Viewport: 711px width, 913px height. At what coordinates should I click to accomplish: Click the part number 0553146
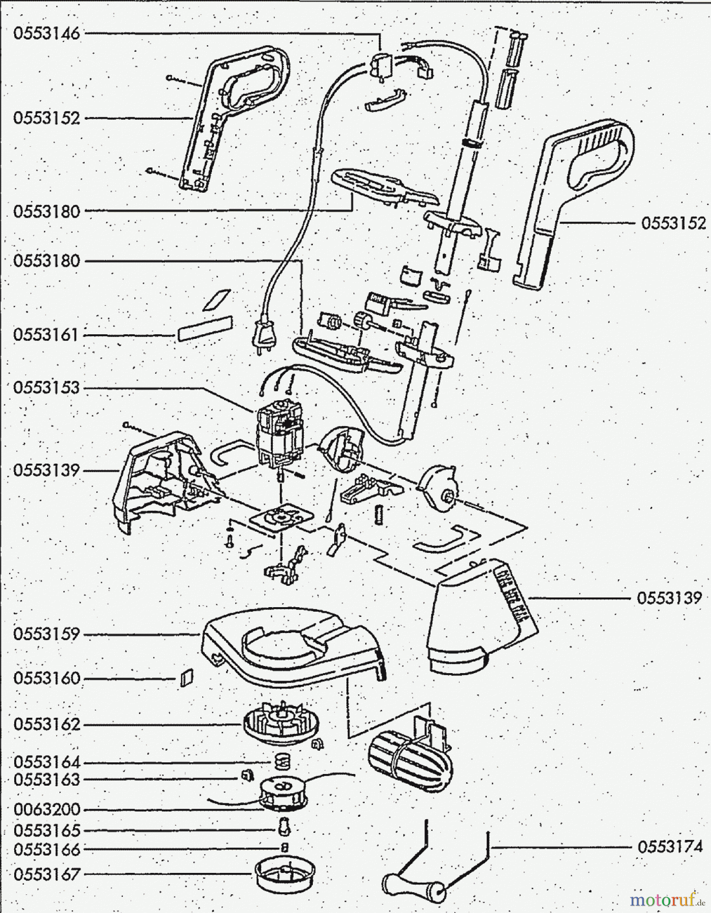[47, 34]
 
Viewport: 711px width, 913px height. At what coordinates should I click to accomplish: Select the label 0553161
[47, 335]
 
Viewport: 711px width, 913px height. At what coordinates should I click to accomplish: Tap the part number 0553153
[47, 388]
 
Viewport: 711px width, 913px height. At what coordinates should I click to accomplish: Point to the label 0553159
[47, 635]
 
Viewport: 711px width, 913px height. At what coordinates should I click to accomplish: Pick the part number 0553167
[47, 874]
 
